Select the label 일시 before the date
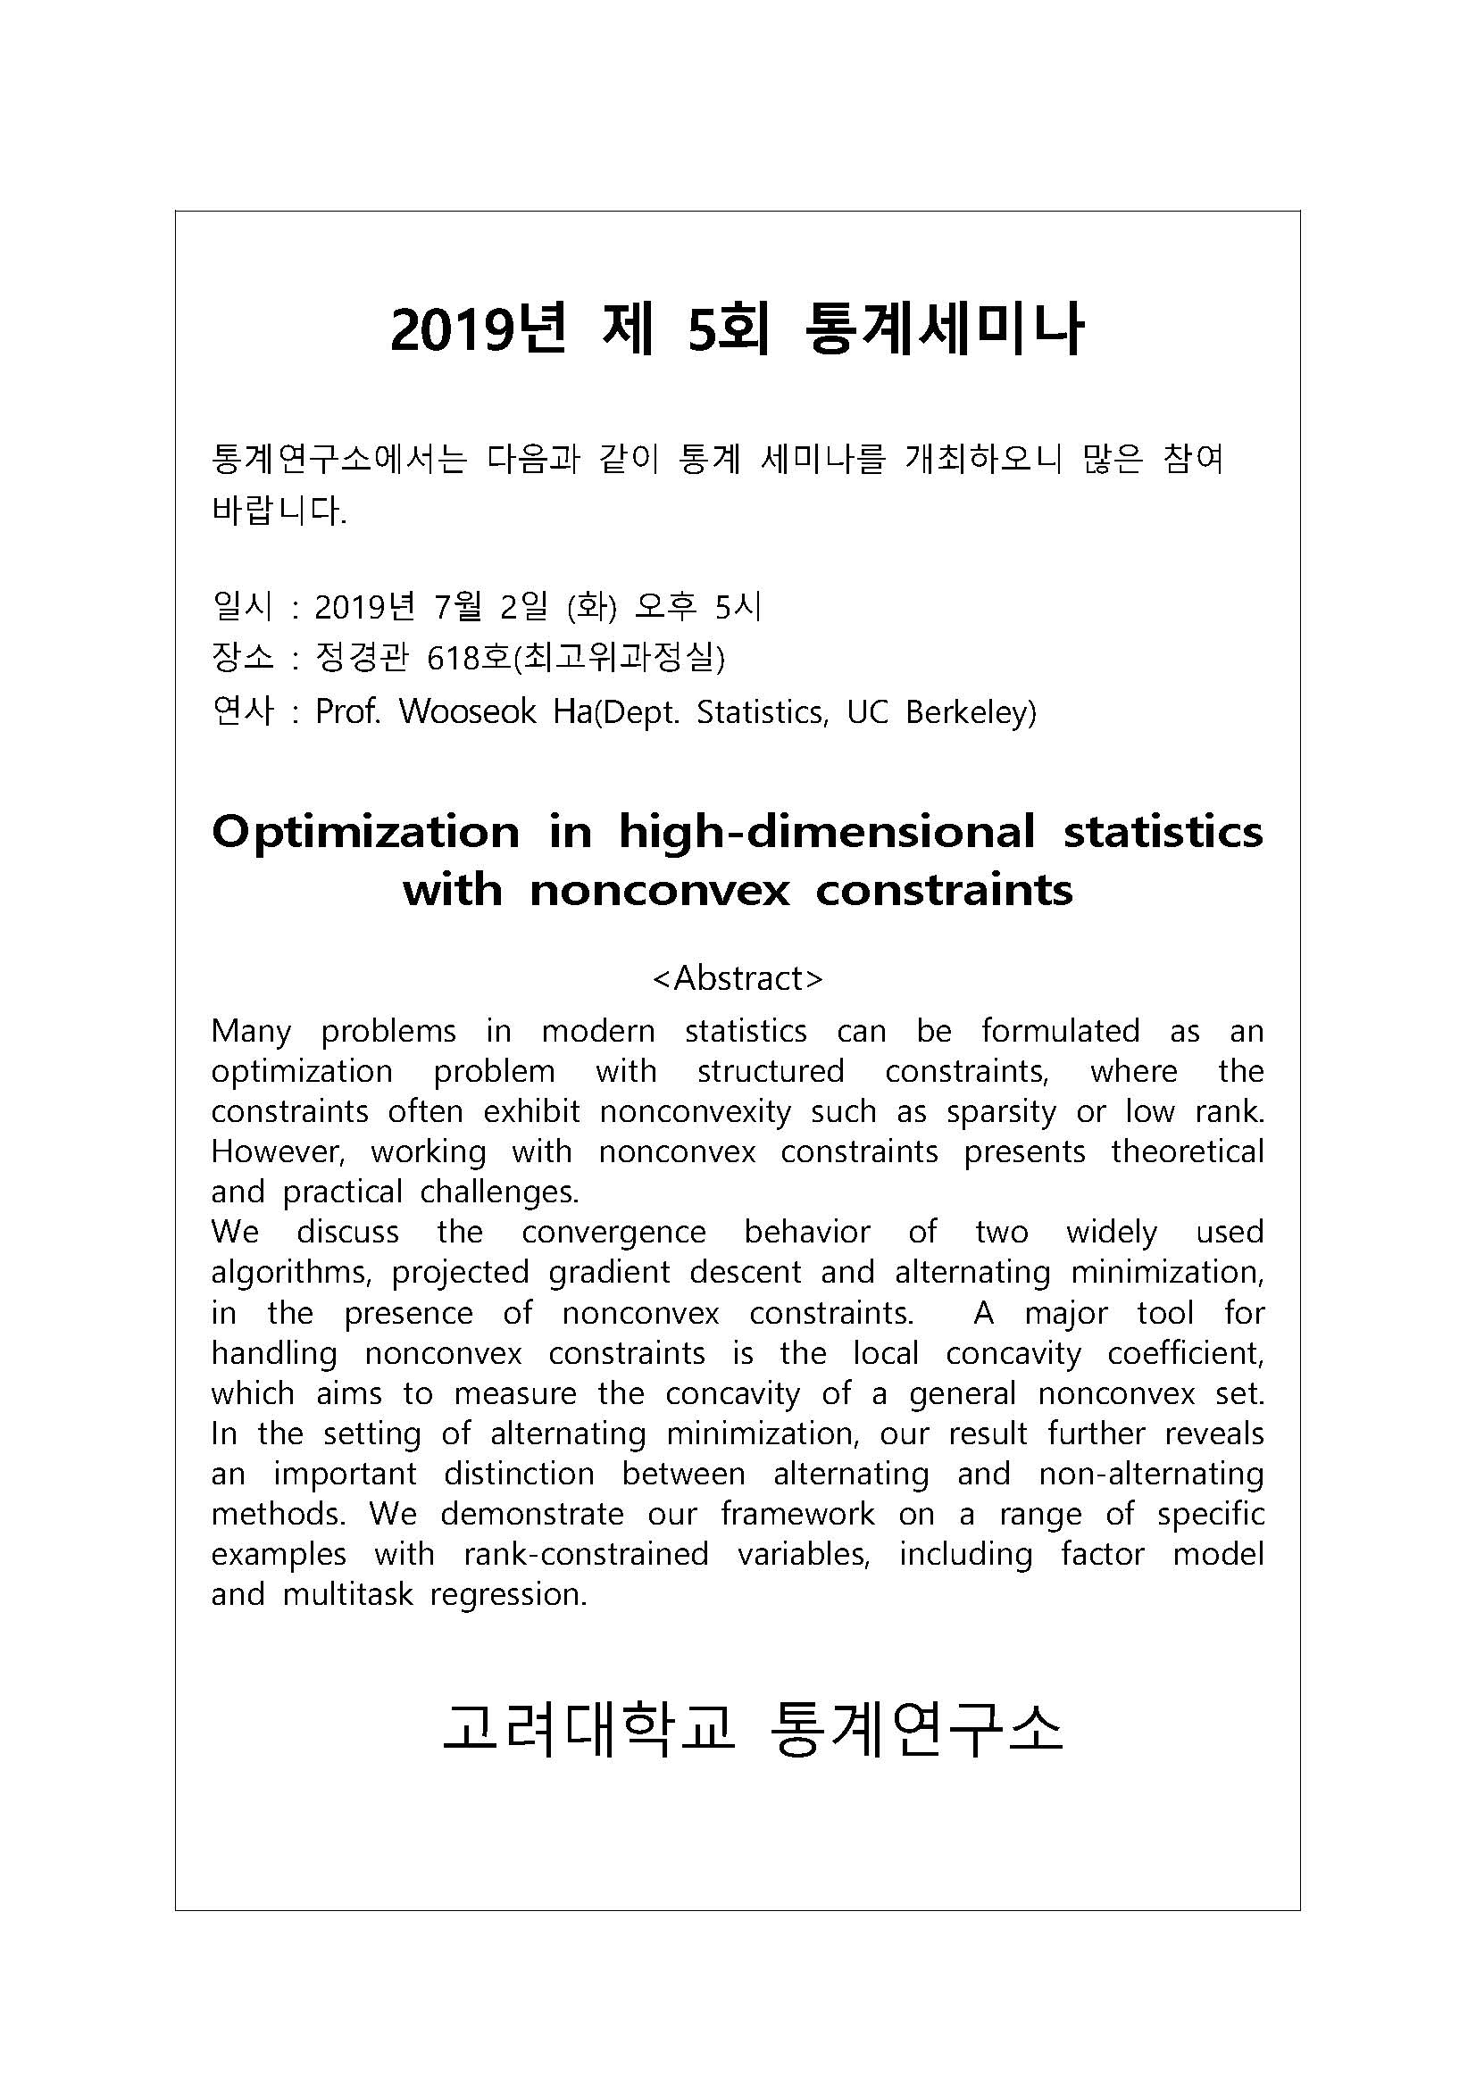pos(242,605)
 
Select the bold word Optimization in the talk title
pos(365,832)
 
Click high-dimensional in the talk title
pos(826,832)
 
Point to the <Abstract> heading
pos(738,977)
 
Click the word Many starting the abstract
pos(251,1031)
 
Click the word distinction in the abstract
pos(518,1474)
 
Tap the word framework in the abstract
pos(797,1514)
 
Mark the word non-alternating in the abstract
pos(1151,1474)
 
